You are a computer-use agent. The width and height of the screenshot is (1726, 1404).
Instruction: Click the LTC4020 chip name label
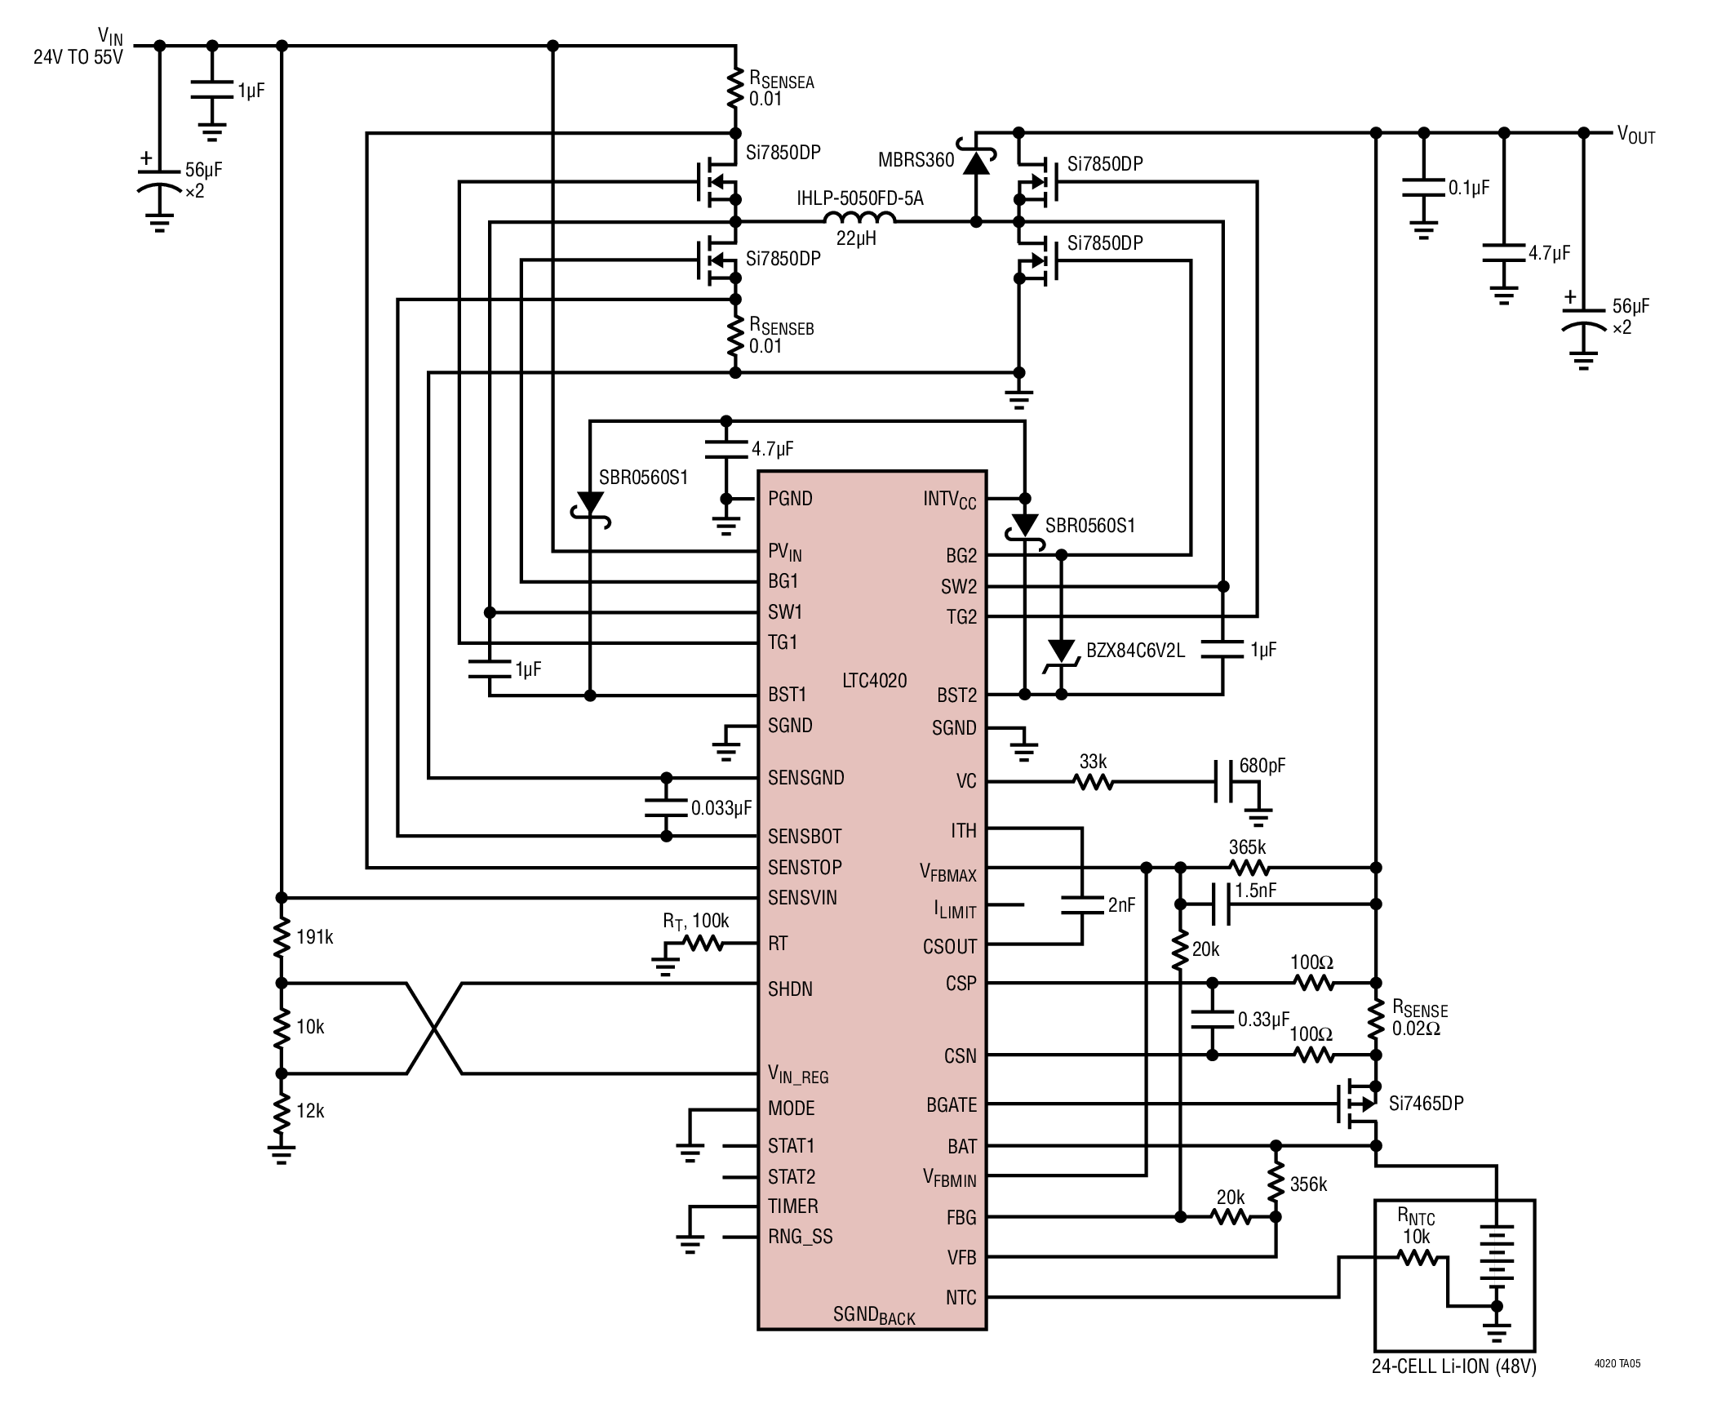[874, 680]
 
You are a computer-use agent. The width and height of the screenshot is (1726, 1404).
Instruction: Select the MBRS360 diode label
[916, 160]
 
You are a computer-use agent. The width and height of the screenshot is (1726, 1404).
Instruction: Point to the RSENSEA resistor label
[781, 81]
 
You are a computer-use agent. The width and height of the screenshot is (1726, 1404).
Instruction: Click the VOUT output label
[1635, 136]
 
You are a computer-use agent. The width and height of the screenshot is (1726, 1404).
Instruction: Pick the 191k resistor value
[314, 937]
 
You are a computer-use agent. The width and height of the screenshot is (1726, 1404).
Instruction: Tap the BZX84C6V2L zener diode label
[1134, 651]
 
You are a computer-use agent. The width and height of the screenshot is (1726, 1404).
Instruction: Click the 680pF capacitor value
[1262, 766]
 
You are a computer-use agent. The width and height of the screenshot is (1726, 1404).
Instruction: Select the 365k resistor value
[1247, 847]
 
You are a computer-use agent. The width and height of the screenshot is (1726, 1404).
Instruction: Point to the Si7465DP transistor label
[1426, 1104]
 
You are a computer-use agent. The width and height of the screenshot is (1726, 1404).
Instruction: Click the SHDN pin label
[790, 989]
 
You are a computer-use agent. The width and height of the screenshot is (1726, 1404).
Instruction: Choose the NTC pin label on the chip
[961, 1297]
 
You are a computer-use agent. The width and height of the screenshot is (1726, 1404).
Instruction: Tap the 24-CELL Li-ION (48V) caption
[1453, 1366]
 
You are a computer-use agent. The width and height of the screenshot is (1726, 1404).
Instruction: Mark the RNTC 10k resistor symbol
[1419, 1258]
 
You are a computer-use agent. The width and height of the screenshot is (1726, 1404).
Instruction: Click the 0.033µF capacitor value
[721, 808]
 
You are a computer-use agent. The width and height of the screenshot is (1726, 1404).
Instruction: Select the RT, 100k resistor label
[695, 921]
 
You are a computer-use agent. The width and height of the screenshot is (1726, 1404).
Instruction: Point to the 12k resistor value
[310, 1111]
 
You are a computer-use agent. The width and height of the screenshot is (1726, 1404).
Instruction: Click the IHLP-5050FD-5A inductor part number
[859, 198]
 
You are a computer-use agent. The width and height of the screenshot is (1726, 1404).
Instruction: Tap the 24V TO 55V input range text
[78, 57]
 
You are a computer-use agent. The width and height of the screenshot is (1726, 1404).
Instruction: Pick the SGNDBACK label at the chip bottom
[873, 1315]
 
